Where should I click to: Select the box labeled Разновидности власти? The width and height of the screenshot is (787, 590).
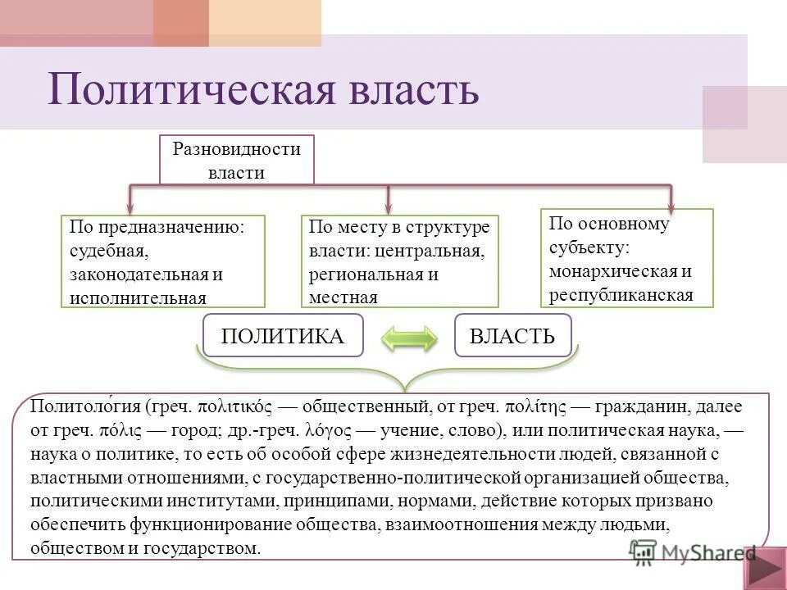[x=236, y=161]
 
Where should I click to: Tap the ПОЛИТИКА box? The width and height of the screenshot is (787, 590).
[x=283, y=335]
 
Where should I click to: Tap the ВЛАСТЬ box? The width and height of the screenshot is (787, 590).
[x=512, y=335]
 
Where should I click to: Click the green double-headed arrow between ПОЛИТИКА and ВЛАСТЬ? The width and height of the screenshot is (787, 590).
[x=409, y=338]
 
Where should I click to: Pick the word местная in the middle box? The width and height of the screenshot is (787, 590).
[x=343, y=297]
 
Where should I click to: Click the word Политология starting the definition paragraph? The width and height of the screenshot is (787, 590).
[x=86, y=406]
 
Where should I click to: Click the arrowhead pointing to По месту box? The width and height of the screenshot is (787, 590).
[x=388, y=209]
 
